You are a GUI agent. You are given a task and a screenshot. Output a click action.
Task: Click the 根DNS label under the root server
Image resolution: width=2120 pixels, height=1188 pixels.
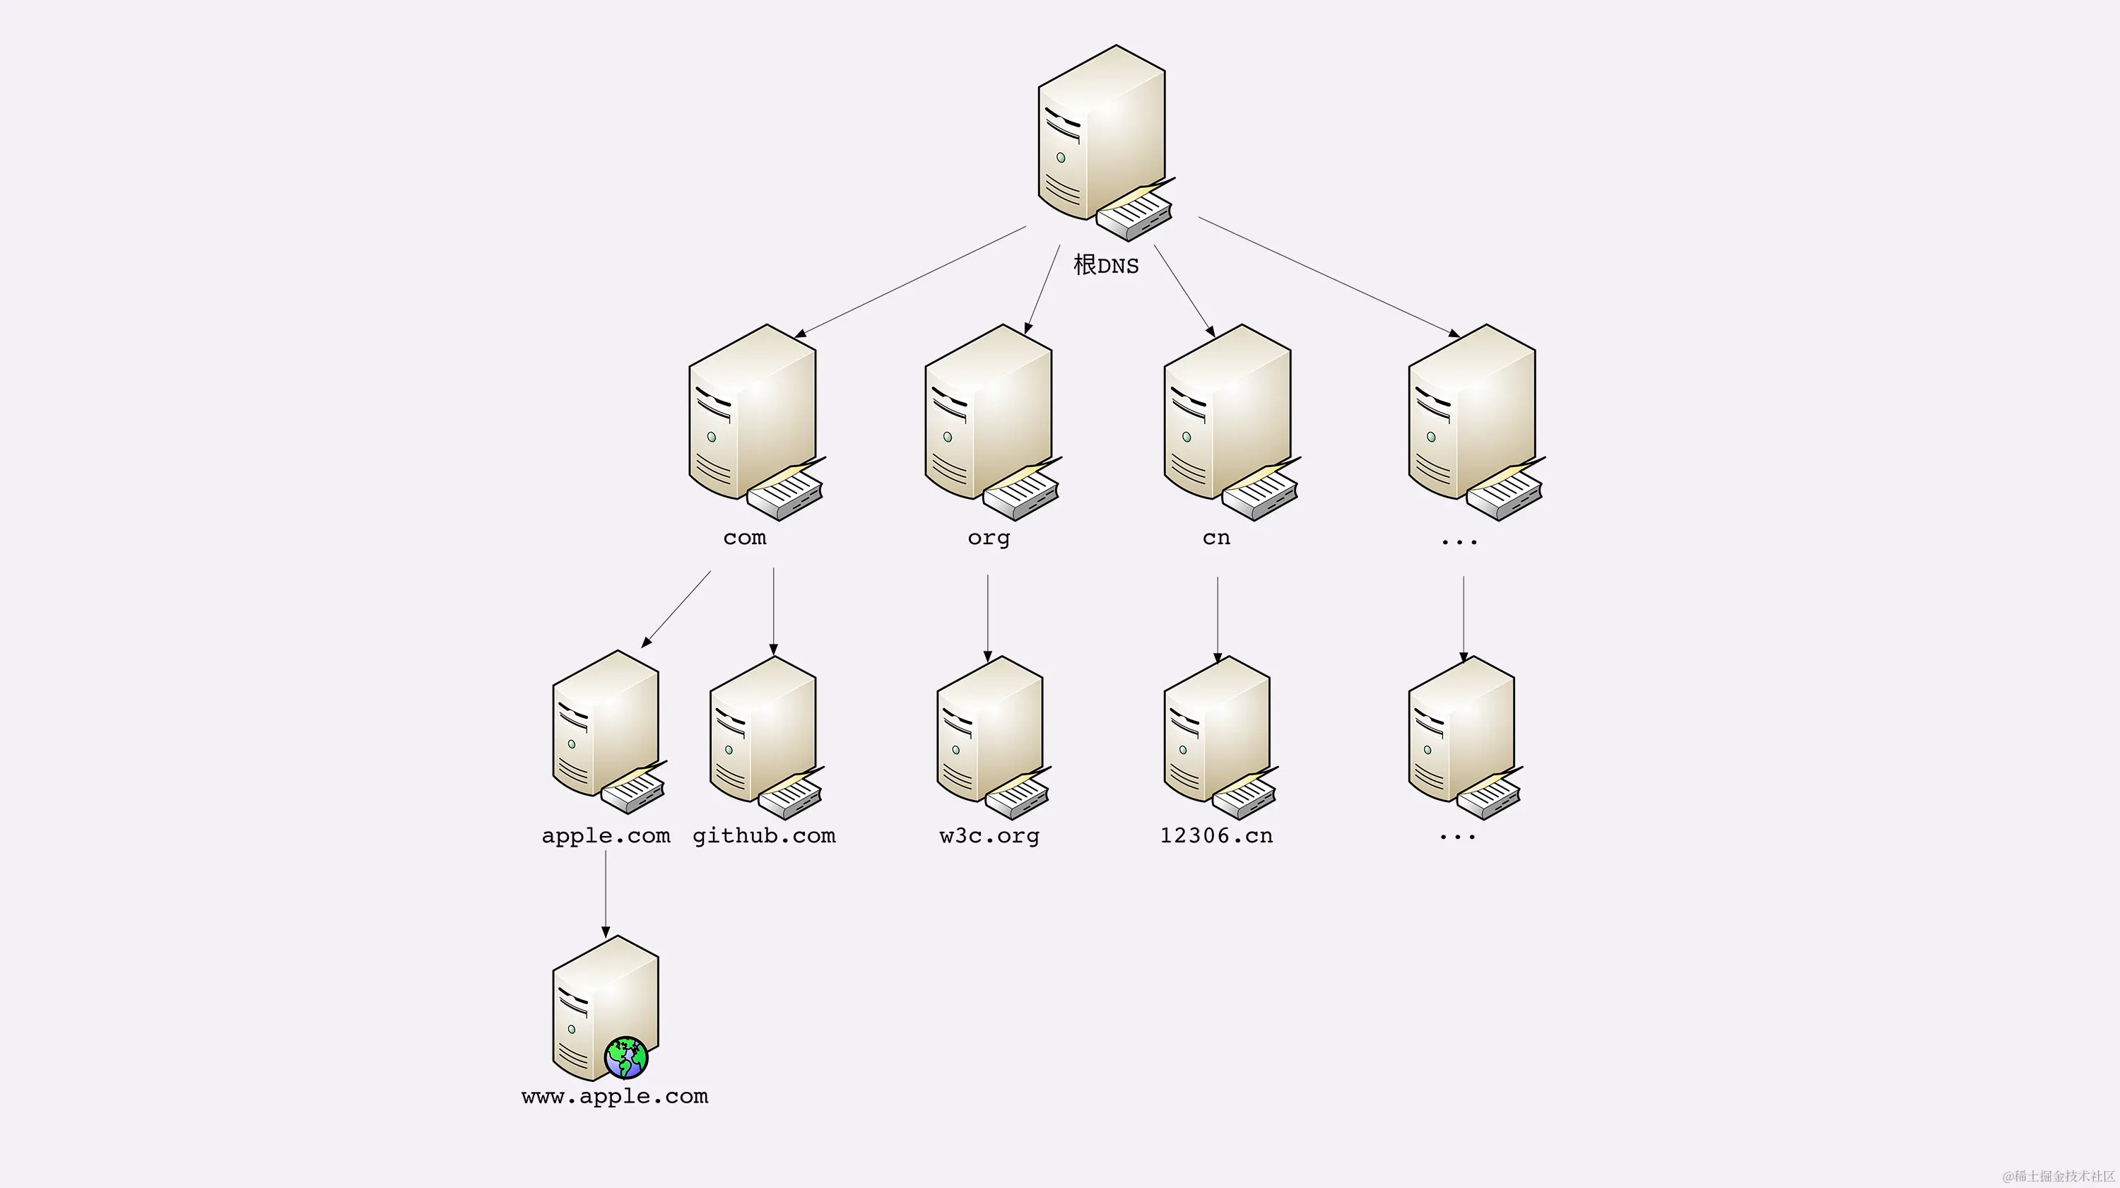click(1106, 265)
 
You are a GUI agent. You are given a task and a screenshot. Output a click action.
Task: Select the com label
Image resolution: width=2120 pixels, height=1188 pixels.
click(744, 538)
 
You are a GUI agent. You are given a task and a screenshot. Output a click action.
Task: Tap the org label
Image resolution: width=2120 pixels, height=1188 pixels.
click(989, 539)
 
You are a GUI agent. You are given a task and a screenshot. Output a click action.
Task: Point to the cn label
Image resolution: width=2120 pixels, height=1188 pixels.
click(1215, 538)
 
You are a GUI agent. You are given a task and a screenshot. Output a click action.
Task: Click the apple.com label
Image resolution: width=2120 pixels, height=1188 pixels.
click(606, 835)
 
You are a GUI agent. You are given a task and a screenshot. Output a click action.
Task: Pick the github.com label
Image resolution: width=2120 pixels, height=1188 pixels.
click(764, 835)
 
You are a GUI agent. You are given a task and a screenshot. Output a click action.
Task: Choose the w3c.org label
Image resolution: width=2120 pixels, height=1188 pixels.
click(989, 835)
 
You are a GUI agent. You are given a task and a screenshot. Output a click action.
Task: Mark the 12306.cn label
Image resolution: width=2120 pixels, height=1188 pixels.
click(1216, 835)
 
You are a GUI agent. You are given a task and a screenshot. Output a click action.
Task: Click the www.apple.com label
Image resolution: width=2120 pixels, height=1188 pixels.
click(615, 1097)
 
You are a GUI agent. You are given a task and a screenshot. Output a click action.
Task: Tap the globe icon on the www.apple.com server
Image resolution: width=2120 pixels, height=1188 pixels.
click(626, 1057)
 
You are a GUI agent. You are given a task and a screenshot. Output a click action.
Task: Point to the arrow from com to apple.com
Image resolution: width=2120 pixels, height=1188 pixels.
click(676, 608)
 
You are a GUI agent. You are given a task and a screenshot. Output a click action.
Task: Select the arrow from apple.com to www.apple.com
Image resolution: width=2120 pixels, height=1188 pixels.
click(606, 893)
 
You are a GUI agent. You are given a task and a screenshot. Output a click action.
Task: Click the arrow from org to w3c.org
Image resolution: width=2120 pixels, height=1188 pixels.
click(988, 618)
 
